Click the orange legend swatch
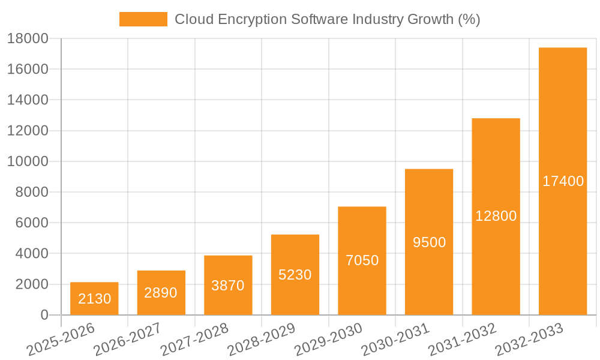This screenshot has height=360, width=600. click(143, 19)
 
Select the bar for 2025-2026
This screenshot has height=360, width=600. click(94, 298)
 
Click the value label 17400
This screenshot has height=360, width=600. click(563, 181)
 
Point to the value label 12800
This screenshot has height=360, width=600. click(496, 216)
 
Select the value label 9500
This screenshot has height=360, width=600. click(429, 242)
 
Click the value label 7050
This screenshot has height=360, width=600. click(362, 260)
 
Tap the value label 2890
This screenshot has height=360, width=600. click(161, 293)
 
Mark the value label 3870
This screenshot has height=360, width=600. click(228, 286)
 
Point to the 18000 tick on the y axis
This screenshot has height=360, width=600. click(28, 38)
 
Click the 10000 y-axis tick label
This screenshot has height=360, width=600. click(28, 161)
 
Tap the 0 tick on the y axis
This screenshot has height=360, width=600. click(44, 315)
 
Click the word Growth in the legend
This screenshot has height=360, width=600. click(431, 19)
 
